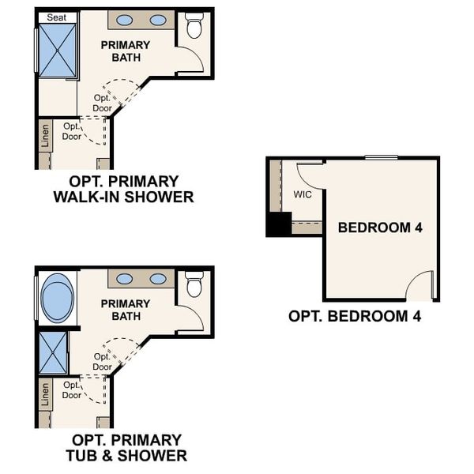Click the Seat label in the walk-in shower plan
click(56, 17)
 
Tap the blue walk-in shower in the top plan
click(58, 51)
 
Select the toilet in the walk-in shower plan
click(194, 25)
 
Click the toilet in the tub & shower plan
click(194, 284)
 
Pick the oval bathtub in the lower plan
click(57, 298)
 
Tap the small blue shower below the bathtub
click(54, 352)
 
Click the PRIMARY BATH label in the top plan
click(125, 51)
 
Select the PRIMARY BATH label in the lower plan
click(125, 310)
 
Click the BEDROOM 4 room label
click(380, 228)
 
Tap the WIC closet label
click(303, 194)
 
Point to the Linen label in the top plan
click(45, 135)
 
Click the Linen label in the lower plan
click(45, 393)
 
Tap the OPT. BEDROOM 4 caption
click(354, 316)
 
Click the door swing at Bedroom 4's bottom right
click(421, 287)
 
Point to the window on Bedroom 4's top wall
click(381, 158)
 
